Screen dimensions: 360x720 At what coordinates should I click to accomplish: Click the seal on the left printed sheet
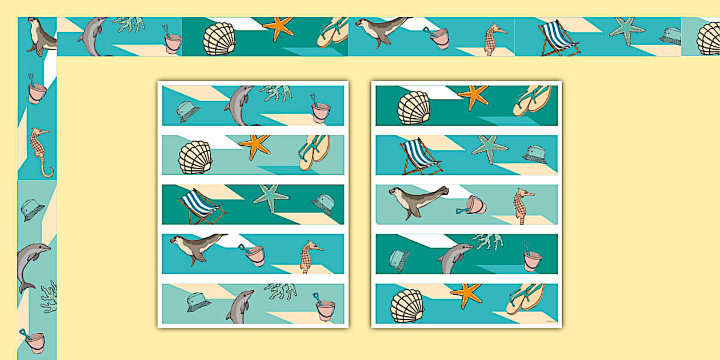[x=194, y=246]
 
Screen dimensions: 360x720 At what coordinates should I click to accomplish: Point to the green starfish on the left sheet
[x=271, y=198]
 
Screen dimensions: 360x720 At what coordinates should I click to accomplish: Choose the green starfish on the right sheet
[x=490, y=149]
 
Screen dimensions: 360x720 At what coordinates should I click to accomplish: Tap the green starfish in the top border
[x=627, y=31]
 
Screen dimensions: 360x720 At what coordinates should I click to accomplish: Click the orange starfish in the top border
[x=278, y=27]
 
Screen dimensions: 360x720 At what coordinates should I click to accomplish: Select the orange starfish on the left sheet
[x=254, y=147]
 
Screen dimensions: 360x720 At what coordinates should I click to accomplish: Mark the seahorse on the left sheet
[x=310, y=256]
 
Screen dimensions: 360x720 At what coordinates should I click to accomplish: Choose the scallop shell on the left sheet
[x=195, y=157]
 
